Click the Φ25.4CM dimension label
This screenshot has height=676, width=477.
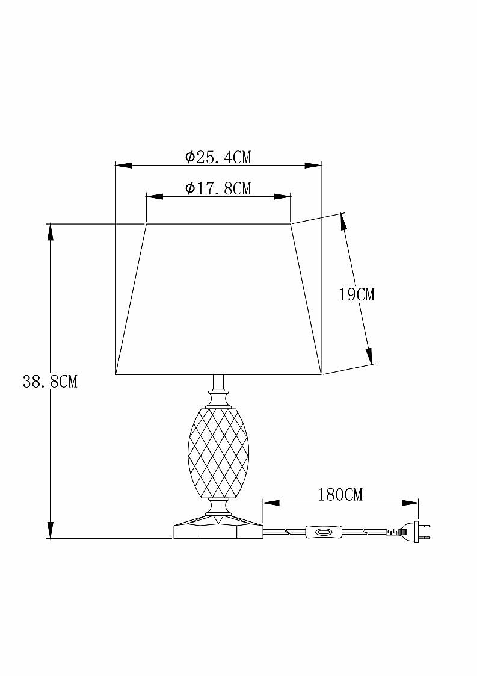218,157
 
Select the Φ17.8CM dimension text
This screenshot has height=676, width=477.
218,188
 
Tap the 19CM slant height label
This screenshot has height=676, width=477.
357,295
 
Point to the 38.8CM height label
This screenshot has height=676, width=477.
50,382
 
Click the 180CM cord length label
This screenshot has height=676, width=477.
340,494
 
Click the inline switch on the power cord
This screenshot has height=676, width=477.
323,532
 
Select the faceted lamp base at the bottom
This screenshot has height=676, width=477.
218,527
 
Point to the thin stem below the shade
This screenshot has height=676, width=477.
218,383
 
